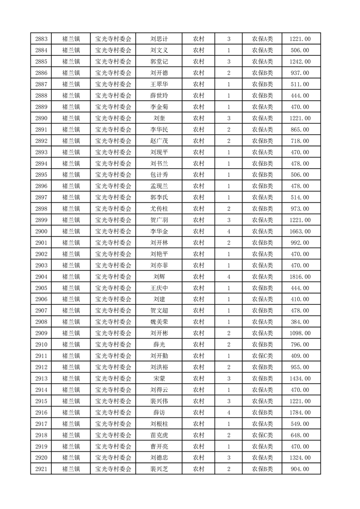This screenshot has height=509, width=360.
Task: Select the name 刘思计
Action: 159,39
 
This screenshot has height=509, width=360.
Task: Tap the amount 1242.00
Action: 300,62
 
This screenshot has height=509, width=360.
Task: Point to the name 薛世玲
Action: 159,96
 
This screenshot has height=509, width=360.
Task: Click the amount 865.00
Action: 300,130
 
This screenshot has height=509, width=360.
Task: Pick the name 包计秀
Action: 159,175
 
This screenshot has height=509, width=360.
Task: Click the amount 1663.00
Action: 300,231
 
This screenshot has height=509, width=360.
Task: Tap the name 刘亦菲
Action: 159,265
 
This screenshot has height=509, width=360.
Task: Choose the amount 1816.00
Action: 300,277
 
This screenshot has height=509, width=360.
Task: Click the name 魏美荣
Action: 159,322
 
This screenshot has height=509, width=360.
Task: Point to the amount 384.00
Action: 300,322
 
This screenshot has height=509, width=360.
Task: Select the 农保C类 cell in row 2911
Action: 262,356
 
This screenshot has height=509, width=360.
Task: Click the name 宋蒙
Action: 159,378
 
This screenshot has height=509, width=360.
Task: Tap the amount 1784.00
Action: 300,412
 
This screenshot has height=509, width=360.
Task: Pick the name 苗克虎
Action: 159,435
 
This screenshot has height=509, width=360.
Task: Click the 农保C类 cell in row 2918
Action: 262,435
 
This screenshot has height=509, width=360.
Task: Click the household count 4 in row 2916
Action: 228,412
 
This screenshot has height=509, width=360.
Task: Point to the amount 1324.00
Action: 300,458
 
